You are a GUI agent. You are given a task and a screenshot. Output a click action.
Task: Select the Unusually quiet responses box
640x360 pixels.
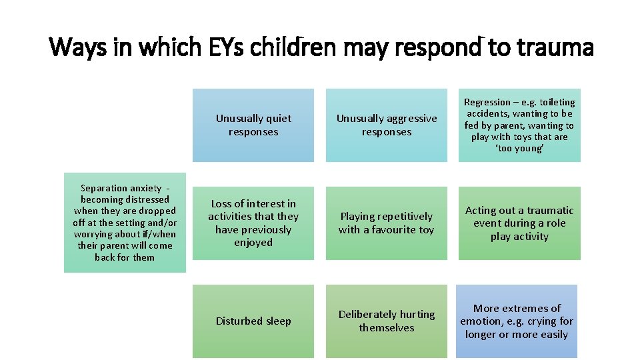(253, 125)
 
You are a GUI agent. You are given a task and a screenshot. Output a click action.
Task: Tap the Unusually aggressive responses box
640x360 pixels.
(387, 125)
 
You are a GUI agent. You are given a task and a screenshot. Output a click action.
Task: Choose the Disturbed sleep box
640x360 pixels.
(253, 321)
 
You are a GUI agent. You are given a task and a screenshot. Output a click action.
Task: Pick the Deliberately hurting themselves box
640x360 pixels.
(387, 321)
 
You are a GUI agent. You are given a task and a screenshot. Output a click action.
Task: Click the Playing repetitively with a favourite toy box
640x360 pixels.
(387, 223)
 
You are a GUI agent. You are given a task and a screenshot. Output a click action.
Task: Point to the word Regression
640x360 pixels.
(487, 102)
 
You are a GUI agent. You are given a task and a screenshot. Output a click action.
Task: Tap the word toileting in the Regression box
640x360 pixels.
(557, 102)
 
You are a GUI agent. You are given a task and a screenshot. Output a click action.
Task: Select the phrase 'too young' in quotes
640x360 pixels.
(519, 149)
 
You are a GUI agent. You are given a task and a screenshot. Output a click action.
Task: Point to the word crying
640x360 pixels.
(540, 321)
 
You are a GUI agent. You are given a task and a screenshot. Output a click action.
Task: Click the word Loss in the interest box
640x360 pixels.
(223, 203)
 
